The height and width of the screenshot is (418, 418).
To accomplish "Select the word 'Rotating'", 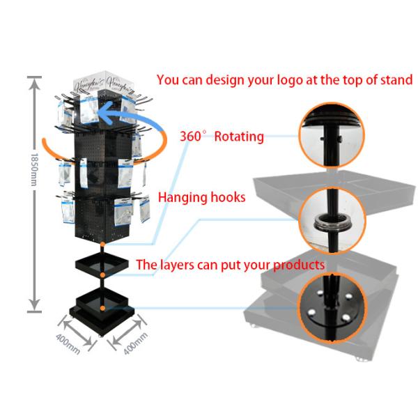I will coord(239,136).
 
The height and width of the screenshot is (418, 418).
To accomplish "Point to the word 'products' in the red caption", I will coord(295,265).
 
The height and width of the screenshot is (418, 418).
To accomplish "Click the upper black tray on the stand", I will coord(102,265).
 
